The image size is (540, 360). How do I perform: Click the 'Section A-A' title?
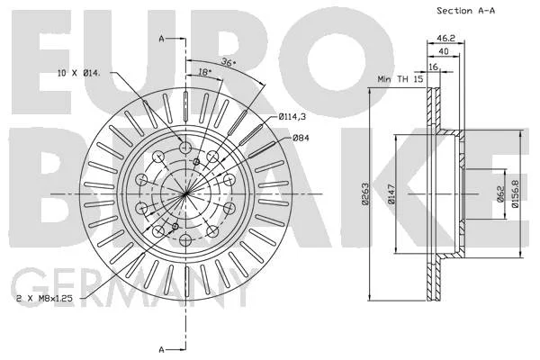coord(465,11)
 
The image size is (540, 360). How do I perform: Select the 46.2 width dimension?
coord(446,38)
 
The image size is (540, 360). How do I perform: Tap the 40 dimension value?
coord(444,51)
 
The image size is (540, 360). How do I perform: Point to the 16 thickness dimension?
coord(433,67)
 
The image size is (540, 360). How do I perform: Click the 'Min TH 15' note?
coord(400,79)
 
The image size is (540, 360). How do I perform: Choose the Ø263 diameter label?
coord(365,194)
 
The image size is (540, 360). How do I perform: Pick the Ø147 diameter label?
coord(391,194)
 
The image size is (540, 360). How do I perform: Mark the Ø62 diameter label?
coord(500,193)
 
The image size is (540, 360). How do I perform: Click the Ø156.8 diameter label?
coord(515,193)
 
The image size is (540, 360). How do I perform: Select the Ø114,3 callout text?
coord(292,117)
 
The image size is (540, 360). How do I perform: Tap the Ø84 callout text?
coord(301,138)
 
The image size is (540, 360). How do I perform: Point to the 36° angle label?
coord(229,62)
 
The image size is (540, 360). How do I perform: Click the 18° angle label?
coord(204,72)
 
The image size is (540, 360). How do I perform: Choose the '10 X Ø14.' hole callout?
coord(79,73)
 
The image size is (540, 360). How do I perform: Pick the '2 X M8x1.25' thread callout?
coord(44,298)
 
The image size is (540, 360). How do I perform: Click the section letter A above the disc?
coord(161,39)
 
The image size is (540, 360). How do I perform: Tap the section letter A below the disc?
coord(161,350)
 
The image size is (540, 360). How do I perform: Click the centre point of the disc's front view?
coord(185,194)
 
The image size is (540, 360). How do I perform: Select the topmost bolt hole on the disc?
coord(185,148)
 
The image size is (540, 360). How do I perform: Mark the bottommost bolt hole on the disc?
coord(185,239)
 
